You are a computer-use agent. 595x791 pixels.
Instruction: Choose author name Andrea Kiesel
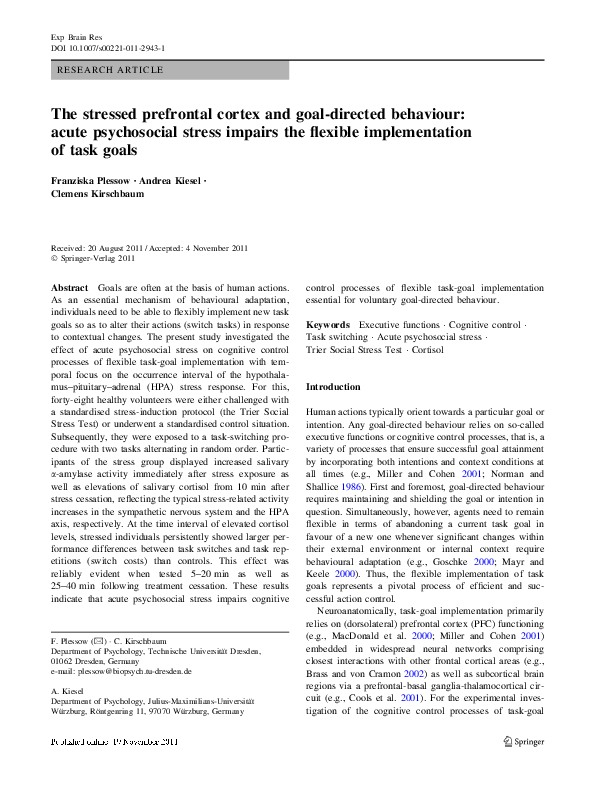point(172,181)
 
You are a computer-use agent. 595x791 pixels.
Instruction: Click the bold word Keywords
point(327,325)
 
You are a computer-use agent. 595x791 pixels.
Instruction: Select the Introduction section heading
point(333,386)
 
